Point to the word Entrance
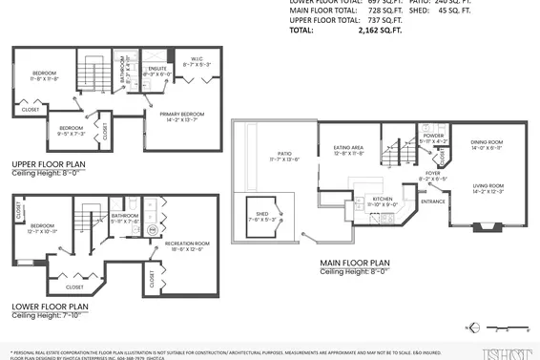434,201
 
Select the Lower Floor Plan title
51,307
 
